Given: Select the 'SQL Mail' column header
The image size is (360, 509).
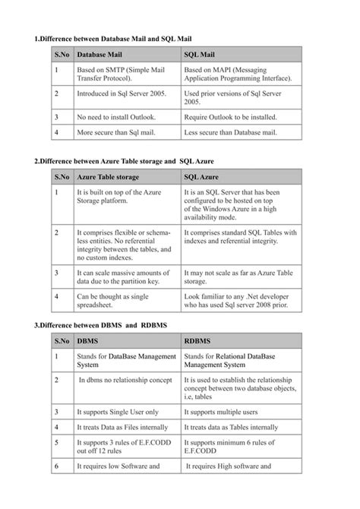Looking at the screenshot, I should point(201,55).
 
